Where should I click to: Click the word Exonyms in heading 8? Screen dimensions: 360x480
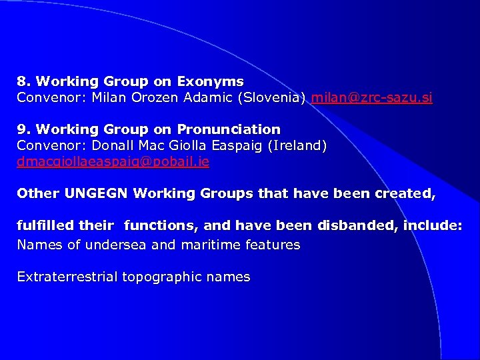(211, 82)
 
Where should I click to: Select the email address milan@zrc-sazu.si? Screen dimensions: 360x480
(371, 98)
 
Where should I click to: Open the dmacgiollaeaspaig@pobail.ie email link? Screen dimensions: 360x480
(113, 161)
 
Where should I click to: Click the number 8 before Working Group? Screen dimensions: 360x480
(22, 82)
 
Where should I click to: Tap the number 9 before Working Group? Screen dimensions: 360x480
(22, 129)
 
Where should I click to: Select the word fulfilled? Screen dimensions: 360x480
(45, 226)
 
